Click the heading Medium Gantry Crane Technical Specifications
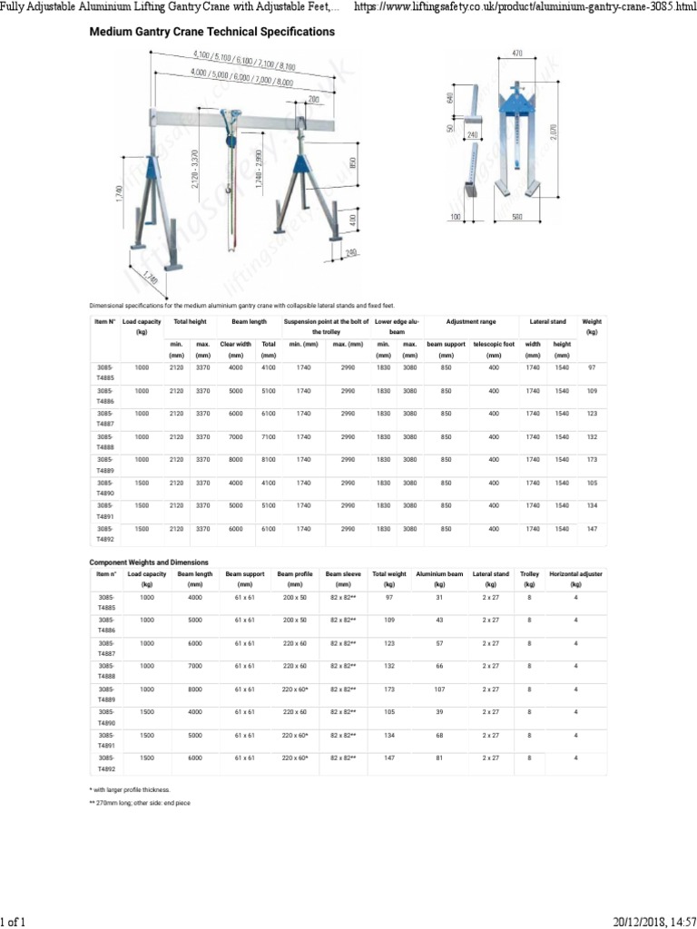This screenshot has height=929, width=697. coord(211,32)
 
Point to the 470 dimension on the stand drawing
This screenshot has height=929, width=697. coord(517,54)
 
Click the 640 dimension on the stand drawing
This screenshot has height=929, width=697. coord(451,98)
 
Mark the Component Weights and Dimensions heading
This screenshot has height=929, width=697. coord(149,562)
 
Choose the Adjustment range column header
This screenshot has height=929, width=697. coord(471,322)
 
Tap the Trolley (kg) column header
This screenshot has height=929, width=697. coord(529,580)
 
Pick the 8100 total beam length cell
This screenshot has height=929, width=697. coord(269,460)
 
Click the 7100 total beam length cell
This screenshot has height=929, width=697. coord(269,436)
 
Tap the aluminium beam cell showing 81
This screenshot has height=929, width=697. coord(439,758)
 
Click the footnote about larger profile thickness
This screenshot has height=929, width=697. coord(129,790)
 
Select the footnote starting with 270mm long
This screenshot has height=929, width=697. coord(140,804)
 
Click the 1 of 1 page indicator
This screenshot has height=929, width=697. coord(14,922)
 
